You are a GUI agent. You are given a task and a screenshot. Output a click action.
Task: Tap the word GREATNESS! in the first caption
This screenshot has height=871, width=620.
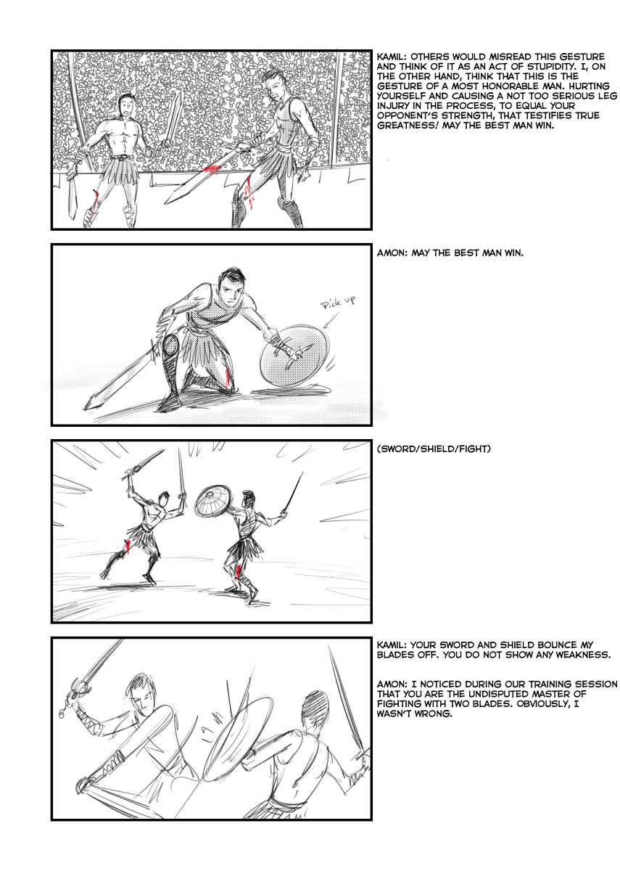coord(408,126)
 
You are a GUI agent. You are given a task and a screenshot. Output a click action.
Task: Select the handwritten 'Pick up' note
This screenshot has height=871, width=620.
coord(338,303)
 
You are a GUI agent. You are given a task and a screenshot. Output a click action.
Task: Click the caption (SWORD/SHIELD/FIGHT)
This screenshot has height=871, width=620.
coord(434,449)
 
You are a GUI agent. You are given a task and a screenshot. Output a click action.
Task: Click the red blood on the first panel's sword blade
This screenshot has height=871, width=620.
coord(212,169)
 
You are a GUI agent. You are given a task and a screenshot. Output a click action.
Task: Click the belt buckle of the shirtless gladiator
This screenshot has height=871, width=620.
coord(124,158)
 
